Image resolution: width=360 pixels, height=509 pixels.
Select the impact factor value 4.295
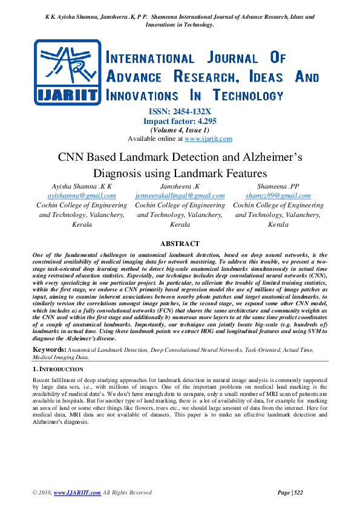pos(196,121)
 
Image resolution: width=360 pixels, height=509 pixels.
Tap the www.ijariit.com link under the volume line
pos(208,138)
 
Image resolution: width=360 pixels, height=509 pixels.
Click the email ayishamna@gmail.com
pos(82,196)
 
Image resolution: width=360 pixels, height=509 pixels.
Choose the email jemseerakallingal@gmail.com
pos(180,196)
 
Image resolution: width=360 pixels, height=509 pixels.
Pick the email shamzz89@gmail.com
pos(278,196)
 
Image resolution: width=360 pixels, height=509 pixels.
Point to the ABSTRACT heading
pos(180,243)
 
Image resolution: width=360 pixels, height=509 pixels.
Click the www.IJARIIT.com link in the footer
pos(77,493)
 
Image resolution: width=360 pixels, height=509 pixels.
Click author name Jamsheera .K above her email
pos(180,186)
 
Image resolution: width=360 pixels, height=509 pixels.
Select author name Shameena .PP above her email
pos(278,186)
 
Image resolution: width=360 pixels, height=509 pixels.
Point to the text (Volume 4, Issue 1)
pos(180,130)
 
